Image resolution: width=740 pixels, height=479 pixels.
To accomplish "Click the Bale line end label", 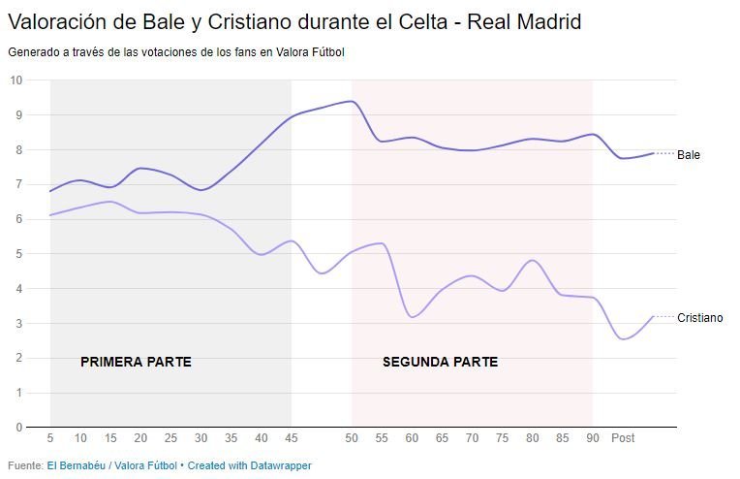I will click(689, 155).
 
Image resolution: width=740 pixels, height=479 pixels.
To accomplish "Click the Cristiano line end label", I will click(699, 318).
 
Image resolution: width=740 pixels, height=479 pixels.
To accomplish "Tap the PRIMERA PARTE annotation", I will click(136, 363).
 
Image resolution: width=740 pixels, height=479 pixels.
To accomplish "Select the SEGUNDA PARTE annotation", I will click(440, 363).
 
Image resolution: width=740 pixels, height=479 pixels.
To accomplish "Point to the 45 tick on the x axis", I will click(292, 438).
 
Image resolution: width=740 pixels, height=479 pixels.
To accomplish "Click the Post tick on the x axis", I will click(623, 438).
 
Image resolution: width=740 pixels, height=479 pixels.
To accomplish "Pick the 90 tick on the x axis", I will click(592, 438).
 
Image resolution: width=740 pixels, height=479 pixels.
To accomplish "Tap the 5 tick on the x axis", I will click(50, 438).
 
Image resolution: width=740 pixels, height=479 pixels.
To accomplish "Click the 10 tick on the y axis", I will click(16, 80).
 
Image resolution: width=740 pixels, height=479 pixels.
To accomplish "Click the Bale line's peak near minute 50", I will click(351, 101).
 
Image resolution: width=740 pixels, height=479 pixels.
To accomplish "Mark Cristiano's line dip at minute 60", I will click(413, 317).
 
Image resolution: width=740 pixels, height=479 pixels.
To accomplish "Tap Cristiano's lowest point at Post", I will click(623, 338).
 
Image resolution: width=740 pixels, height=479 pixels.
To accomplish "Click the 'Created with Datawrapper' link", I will click(250, 465).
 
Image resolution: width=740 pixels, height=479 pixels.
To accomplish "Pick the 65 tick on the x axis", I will click(442, 438).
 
